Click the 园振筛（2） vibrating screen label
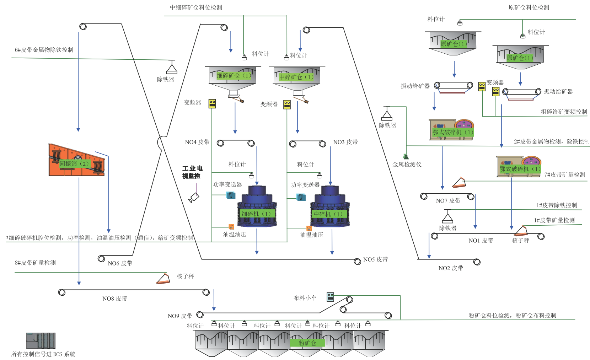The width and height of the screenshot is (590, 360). tap(74, 164)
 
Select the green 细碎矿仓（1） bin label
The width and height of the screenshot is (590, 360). tap(234, 76)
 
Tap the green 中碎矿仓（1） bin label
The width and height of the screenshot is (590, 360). tap(296, 77)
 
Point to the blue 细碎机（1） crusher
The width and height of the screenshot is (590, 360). tap(257, 206)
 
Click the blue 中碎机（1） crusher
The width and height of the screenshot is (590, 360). tap(330, 206)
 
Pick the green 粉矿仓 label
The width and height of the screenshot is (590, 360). tap(307, 343)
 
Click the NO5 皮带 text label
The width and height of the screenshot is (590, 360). tap(375, 259)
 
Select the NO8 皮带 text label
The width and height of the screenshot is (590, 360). tap(114, 299)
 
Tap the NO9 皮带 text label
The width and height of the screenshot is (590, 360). tap(180, 316)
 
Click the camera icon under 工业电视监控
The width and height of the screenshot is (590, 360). tap(194, 197)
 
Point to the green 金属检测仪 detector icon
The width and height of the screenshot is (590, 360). tap(406, 156)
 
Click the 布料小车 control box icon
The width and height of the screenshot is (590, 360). tap(331, 297)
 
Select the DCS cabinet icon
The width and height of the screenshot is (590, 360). tap(41, 341)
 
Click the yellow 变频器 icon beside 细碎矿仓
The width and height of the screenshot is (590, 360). tap(212, 103)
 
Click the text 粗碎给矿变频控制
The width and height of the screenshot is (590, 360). tap(564, 112)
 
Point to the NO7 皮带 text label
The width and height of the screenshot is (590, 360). tap(448, 201)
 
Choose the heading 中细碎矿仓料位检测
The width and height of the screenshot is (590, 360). tap(196, 7)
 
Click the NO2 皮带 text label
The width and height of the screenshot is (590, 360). tap(451, 268)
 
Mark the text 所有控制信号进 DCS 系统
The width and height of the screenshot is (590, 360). tap(43, 354)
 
